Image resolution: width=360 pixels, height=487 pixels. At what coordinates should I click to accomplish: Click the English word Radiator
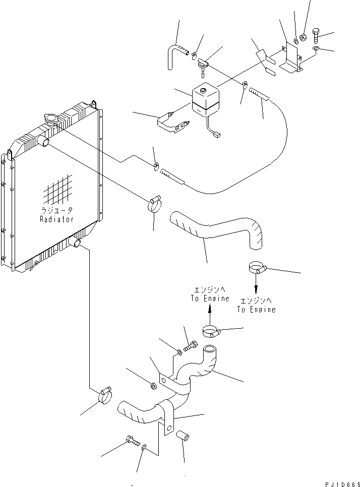[56, 219]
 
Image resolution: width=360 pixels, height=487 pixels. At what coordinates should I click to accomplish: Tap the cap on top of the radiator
[50, 119]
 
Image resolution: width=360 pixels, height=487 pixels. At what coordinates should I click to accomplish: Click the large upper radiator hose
[217, 229]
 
